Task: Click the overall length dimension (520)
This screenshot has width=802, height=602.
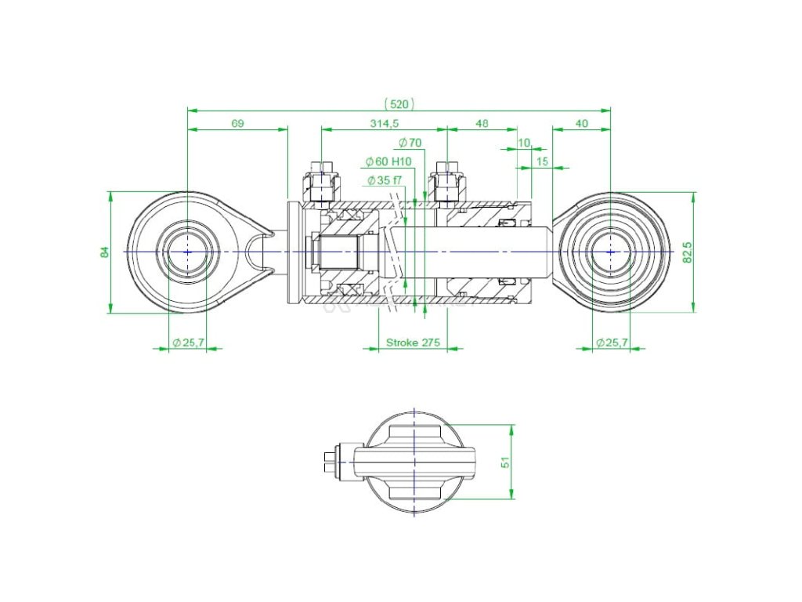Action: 399,103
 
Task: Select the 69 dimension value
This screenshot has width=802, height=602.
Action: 238,124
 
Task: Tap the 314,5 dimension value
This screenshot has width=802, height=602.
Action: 384,124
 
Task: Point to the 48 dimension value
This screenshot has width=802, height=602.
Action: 482,124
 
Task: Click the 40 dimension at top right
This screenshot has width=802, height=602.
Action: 581,124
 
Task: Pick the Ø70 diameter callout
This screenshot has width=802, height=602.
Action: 410,143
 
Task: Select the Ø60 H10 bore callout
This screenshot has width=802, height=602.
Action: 388,161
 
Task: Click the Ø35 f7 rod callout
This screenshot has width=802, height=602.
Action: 385,180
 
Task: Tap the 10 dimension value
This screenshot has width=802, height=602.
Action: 525,143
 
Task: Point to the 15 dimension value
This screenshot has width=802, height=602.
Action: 541,161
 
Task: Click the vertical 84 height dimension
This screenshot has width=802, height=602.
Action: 104,252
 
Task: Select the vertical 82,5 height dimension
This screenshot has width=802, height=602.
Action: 687,252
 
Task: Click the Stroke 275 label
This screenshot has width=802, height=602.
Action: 414,343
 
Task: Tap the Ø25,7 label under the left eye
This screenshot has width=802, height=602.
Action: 188,343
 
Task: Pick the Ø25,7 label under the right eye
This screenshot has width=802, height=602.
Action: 611,343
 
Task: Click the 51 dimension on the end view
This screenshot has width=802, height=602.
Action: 507,462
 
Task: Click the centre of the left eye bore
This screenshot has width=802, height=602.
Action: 187,252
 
